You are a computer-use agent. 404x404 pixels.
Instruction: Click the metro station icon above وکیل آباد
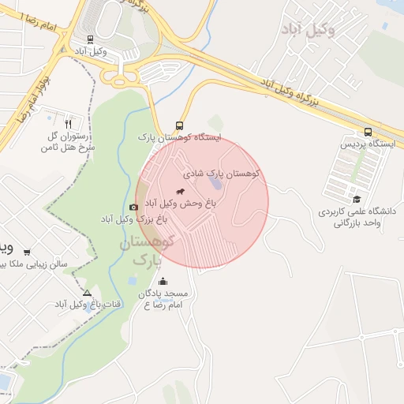90,39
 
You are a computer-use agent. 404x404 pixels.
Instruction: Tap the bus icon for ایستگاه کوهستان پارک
180,125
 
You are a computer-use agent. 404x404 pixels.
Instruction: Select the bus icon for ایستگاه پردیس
368,132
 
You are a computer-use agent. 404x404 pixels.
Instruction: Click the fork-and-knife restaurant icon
69,124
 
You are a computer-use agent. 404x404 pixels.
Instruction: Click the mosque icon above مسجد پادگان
163,282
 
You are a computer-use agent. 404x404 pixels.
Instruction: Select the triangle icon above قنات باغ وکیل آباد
87,293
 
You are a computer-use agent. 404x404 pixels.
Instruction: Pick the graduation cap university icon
357,200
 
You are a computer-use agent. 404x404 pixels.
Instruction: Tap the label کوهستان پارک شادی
223,172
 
